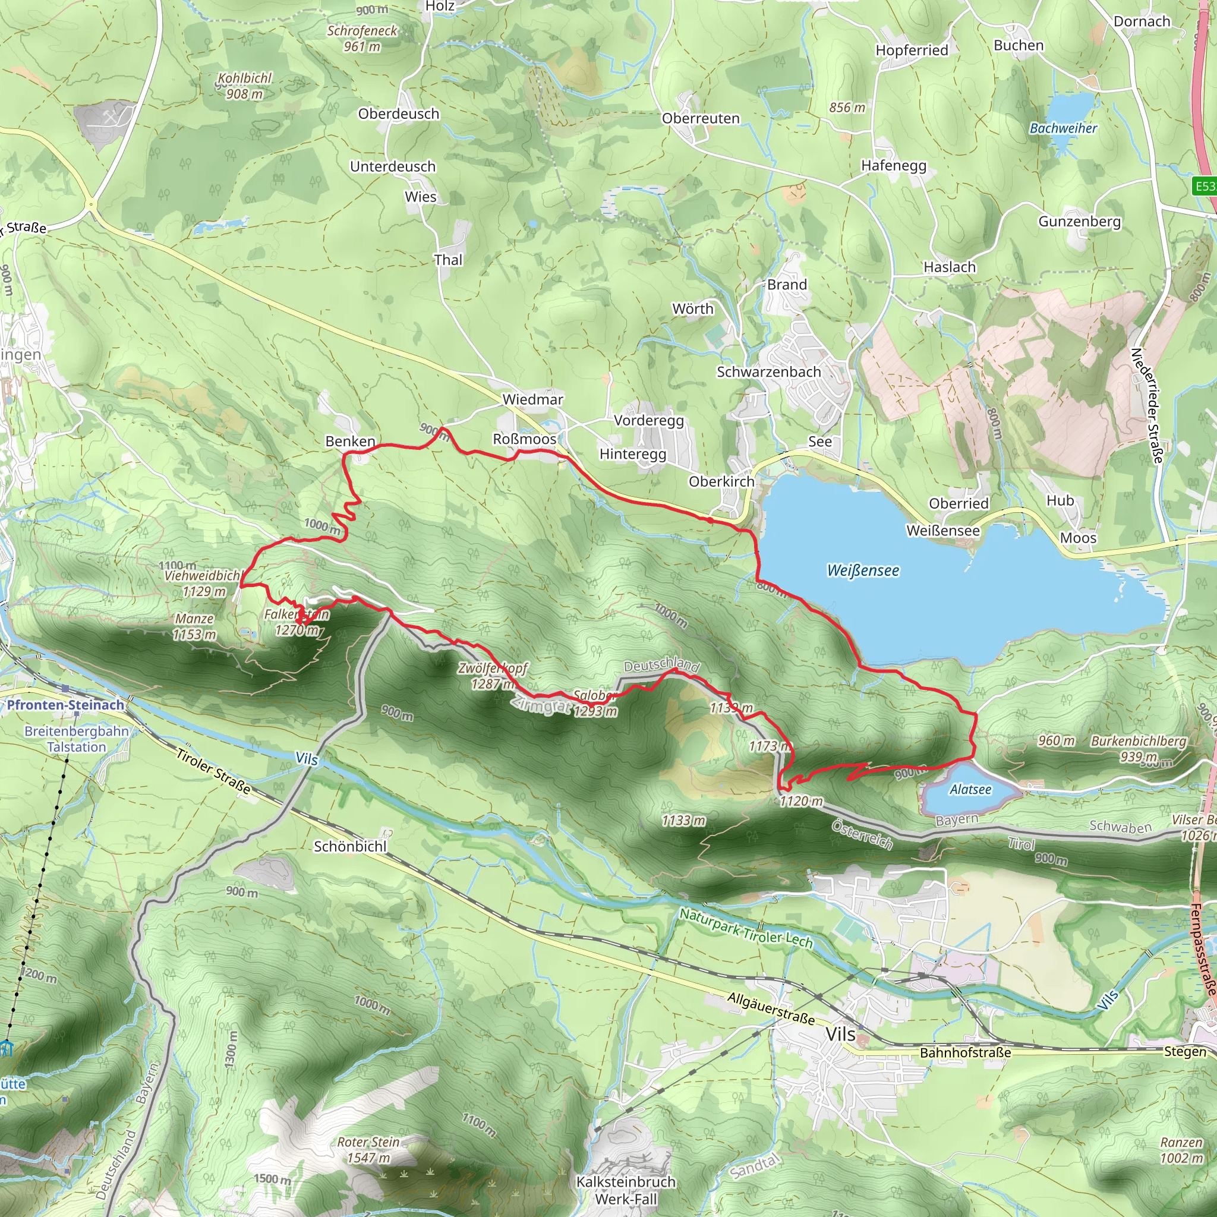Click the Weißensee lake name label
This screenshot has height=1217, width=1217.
pyautogui.click(x=862, y=570)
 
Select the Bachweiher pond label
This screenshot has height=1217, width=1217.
pyautogui.click(x=1062, y=128)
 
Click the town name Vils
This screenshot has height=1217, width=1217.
pyautogui.click(x=840, y=1035)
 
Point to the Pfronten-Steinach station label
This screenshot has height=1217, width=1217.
pyautogui.click(x=65, y=705)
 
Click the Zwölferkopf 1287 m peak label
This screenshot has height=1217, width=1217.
pyautogui.click(x=493, y=675)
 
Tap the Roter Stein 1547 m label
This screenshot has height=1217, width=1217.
pyautogui.click(x=368, y=1150)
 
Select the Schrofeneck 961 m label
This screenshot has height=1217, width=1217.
pyautogui.click(x=362, y=38)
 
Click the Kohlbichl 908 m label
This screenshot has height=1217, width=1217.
pyautogui.click(x=244, y=86)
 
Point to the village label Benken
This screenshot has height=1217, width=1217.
pyautogui.click(x=350, y=441)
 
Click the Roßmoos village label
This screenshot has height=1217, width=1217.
pyautogui.click(x=524, y=439)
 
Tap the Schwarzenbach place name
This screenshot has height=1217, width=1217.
pyautogui.click(x=768, y=371)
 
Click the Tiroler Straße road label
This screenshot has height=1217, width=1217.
pyautogui.click(x=213, y=770)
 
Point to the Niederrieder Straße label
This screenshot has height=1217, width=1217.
pyautogui.click(x=1146, y=406)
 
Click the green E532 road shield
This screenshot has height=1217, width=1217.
pyautogui.click(x=1205, y=186)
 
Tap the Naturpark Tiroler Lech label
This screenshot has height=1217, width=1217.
pyautogui.click(x=746, y=929)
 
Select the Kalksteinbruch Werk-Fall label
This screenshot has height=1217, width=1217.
pyautogui.click(x=626, y=1190)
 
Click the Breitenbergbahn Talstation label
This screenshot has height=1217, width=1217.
pyautogui.click(x=76, y=739)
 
